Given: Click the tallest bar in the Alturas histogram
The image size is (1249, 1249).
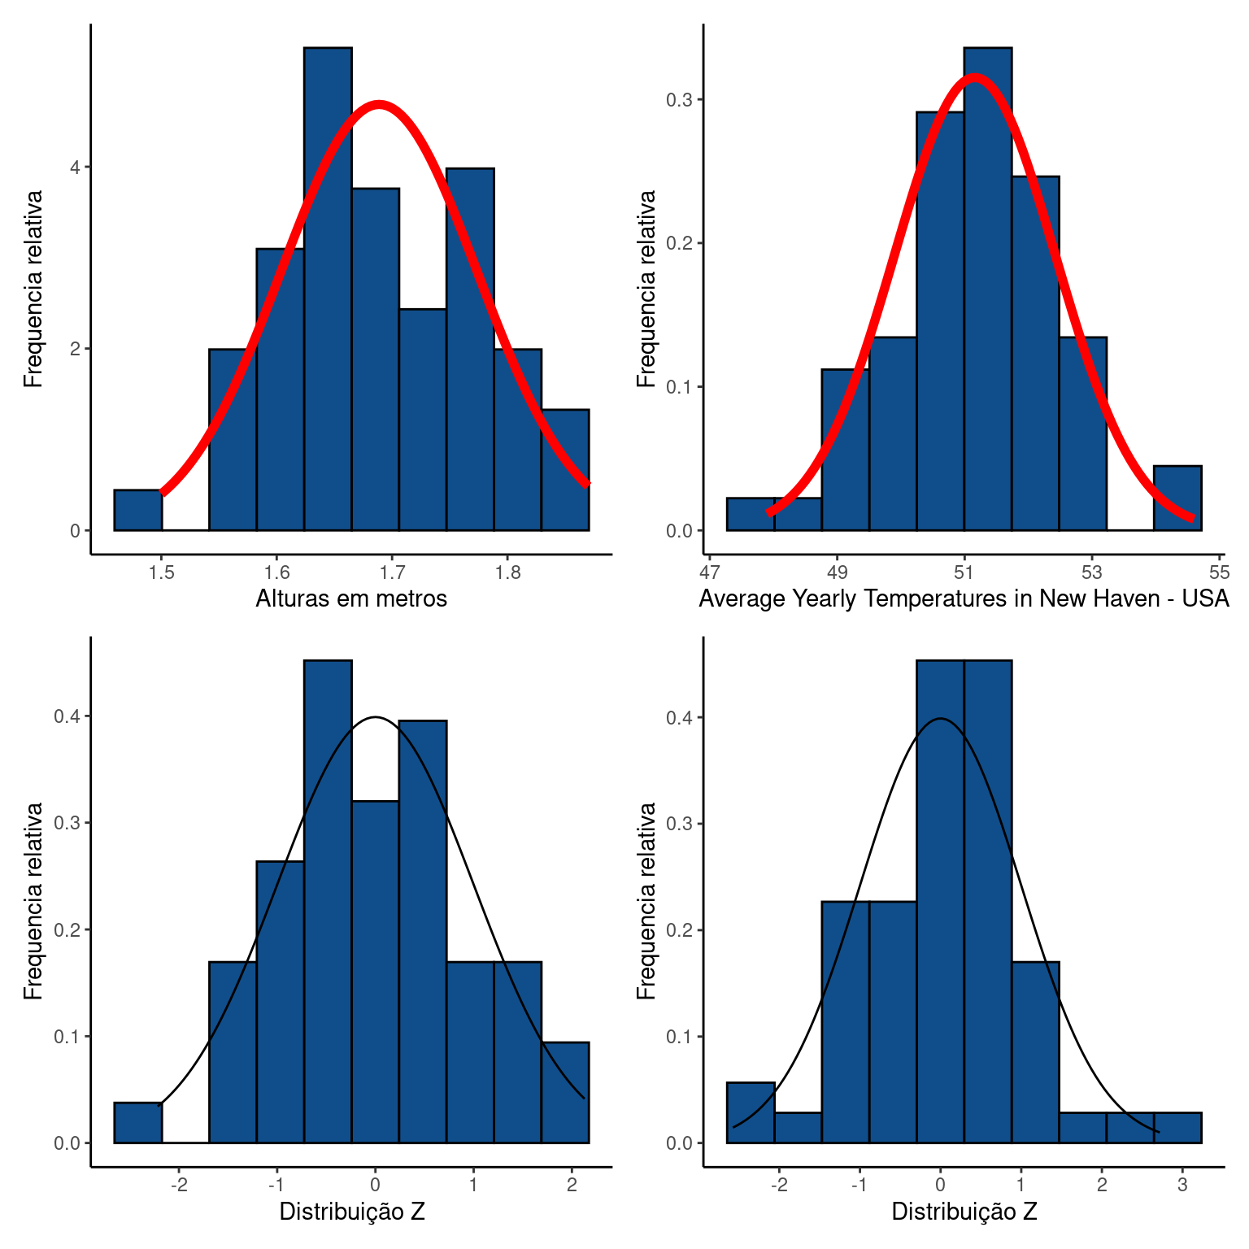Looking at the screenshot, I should click(328, 289).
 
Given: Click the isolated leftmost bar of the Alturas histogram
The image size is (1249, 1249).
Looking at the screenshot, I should click(137, 510).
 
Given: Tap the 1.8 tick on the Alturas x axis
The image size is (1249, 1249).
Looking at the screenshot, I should click(507, 573).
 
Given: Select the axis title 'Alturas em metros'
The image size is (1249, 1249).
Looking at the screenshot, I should click(351, 599).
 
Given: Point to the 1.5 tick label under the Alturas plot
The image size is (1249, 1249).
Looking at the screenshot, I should click(161, 573).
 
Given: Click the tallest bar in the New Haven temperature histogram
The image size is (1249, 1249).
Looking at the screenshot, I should click(988, 289).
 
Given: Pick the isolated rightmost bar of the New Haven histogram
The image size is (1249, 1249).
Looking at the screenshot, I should click(1177, 498).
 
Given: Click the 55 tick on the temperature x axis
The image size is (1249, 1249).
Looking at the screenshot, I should click(1220, 573).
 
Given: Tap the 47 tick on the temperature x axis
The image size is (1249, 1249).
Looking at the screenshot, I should click(710, 573).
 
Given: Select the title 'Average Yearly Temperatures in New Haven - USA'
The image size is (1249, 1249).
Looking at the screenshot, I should click(964, 599).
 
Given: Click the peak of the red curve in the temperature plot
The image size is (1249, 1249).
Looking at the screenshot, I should click(974, 78).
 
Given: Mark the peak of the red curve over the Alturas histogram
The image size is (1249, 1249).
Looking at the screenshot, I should click(379, 104).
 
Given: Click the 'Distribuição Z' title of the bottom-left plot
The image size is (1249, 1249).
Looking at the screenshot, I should click(351, 1212).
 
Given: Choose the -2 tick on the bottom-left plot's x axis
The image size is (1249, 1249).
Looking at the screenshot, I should click(179, 1186).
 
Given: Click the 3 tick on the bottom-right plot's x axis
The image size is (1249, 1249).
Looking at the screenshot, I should click(1182, 1186).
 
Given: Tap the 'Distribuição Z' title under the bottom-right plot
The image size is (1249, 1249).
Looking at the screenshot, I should click(964, 1212).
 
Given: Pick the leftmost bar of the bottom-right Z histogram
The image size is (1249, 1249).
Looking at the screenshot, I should click(750, 1112).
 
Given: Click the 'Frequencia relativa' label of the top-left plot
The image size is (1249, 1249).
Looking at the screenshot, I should click(33, 289).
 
